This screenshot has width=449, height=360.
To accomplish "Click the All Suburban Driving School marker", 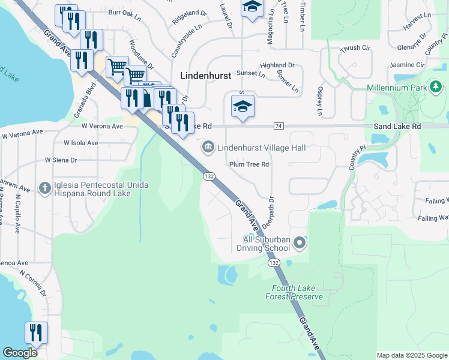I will tap(301, 243).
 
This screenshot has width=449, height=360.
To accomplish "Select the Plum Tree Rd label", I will tap(248, 164).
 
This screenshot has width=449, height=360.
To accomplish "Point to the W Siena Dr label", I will tap(61, 160).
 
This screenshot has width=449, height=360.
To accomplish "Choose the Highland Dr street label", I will tap(277, 65).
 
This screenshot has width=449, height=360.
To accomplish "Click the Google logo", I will tap(20, 353).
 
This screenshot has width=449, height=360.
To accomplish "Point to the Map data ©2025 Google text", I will tap(412, 355).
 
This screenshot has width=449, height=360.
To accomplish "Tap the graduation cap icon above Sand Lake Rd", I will tap(243, 107).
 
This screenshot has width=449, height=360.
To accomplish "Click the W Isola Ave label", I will tap(80, 143).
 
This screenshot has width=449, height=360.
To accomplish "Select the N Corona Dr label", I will tap(34, 283).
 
